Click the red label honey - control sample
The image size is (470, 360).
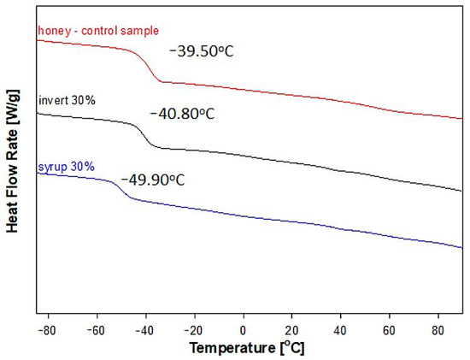click(97, 32)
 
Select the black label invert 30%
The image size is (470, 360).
click(68, 100)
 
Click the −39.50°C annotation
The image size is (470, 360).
click(201, 51)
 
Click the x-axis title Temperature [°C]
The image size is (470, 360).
click(246, 349)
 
